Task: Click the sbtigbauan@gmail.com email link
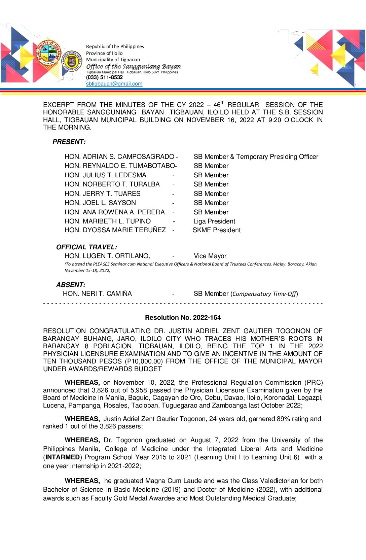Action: pos(114,84)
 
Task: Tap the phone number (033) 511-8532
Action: pos(104,77)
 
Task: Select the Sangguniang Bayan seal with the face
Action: pos(71,61)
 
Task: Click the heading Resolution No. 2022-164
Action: pos(183,317)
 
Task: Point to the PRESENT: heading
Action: pos(69,142)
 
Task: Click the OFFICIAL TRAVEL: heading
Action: pos(86,247)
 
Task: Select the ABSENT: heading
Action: pos(71,285)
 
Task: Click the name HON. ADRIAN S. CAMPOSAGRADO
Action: pos(119,157)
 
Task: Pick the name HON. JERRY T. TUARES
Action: pos(103,194)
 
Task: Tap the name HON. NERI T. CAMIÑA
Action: pos(97,294)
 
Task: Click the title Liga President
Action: pos(214,221)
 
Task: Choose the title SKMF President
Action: pos(217,230)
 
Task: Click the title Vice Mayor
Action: pos(210,256)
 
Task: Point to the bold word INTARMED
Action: pos(63,457)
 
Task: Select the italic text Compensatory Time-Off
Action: pos(264,294)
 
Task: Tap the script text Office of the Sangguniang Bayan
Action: pos(134,67)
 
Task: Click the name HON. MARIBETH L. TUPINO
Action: pos(108,221)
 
